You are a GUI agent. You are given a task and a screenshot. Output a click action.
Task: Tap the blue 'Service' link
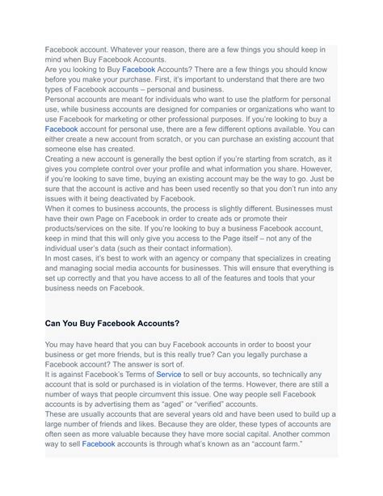coord(169,375)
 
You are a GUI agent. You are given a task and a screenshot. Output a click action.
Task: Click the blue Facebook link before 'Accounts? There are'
coord(138,70)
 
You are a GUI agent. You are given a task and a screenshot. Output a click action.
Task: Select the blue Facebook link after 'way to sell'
coord(99,443)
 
